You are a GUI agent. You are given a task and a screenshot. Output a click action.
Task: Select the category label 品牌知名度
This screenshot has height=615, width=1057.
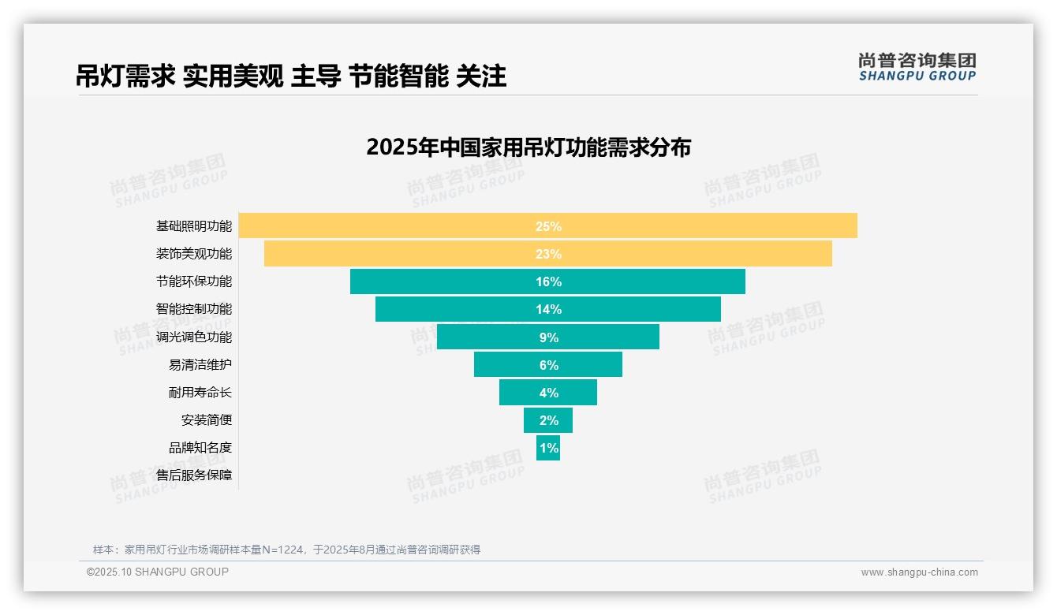click(x=200, y=448)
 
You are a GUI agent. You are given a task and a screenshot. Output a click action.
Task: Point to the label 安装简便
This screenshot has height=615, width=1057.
click(x=207, y=420)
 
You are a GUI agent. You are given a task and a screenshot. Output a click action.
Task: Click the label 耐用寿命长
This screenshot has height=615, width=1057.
click(x=200, y=392)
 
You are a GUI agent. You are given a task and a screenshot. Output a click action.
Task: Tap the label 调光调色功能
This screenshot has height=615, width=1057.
click(x=194, y=337)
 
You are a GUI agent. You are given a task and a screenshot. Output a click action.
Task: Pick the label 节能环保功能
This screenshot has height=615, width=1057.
click(x=194, y=281)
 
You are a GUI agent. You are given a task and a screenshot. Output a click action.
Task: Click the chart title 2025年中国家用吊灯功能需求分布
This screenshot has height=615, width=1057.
click(x=528, y=147)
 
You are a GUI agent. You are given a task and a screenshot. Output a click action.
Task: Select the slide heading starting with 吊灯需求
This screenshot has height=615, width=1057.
click(x=291, y=76)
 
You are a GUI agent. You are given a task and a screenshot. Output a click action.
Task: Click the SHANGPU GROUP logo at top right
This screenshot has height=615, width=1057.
click(x=917, y=67)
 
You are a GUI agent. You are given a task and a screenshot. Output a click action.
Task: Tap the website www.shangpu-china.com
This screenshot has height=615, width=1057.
click(x=919, y=572)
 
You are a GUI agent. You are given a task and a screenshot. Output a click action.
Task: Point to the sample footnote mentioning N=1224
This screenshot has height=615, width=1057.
click(x=287, y=550)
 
